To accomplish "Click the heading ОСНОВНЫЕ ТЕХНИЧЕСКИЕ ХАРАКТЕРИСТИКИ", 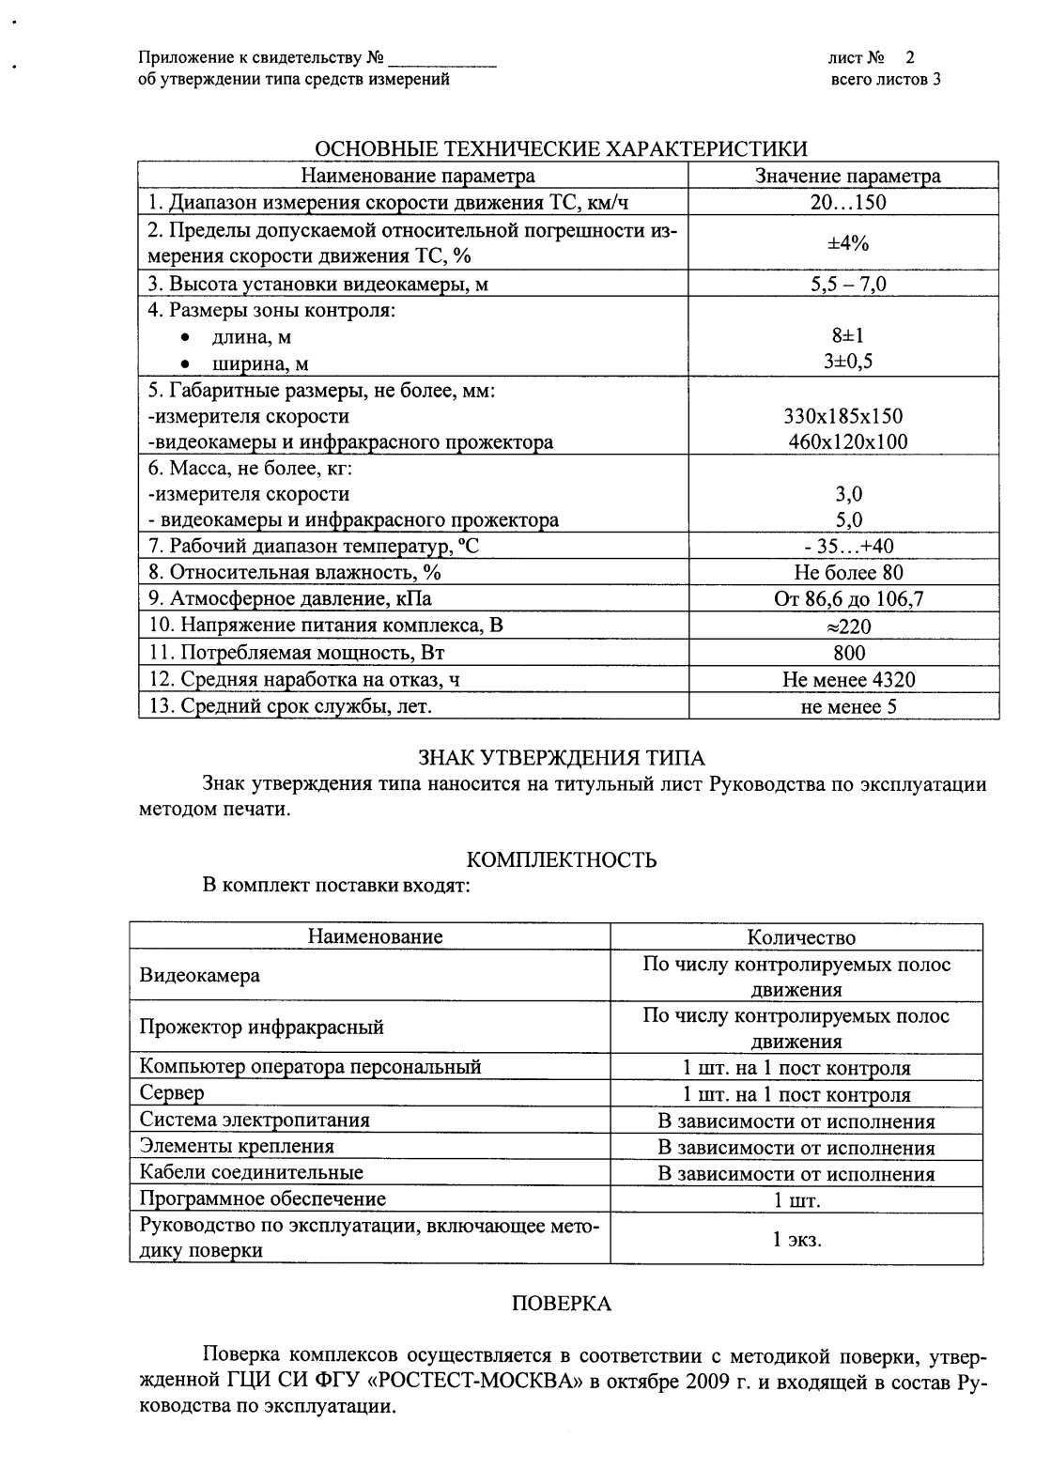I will tap(560, 149).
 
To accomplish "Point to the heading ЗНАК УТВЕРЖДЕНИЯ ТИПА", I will tap(561, 758).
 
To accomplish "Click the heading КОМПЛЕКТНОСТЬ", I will tap(562, 860).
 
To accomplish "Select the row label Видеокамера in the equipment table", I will tap(199, 975).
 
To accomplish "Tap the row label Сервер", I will tap(172, 1093).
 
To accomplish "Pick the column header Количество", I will tap(801, 937).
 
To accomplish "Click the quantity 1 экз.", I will tap(796, 1239).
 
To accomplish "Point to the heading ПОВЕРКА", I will tap(562, 1304).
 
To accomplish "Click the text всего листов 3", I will tap(886, 80).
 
